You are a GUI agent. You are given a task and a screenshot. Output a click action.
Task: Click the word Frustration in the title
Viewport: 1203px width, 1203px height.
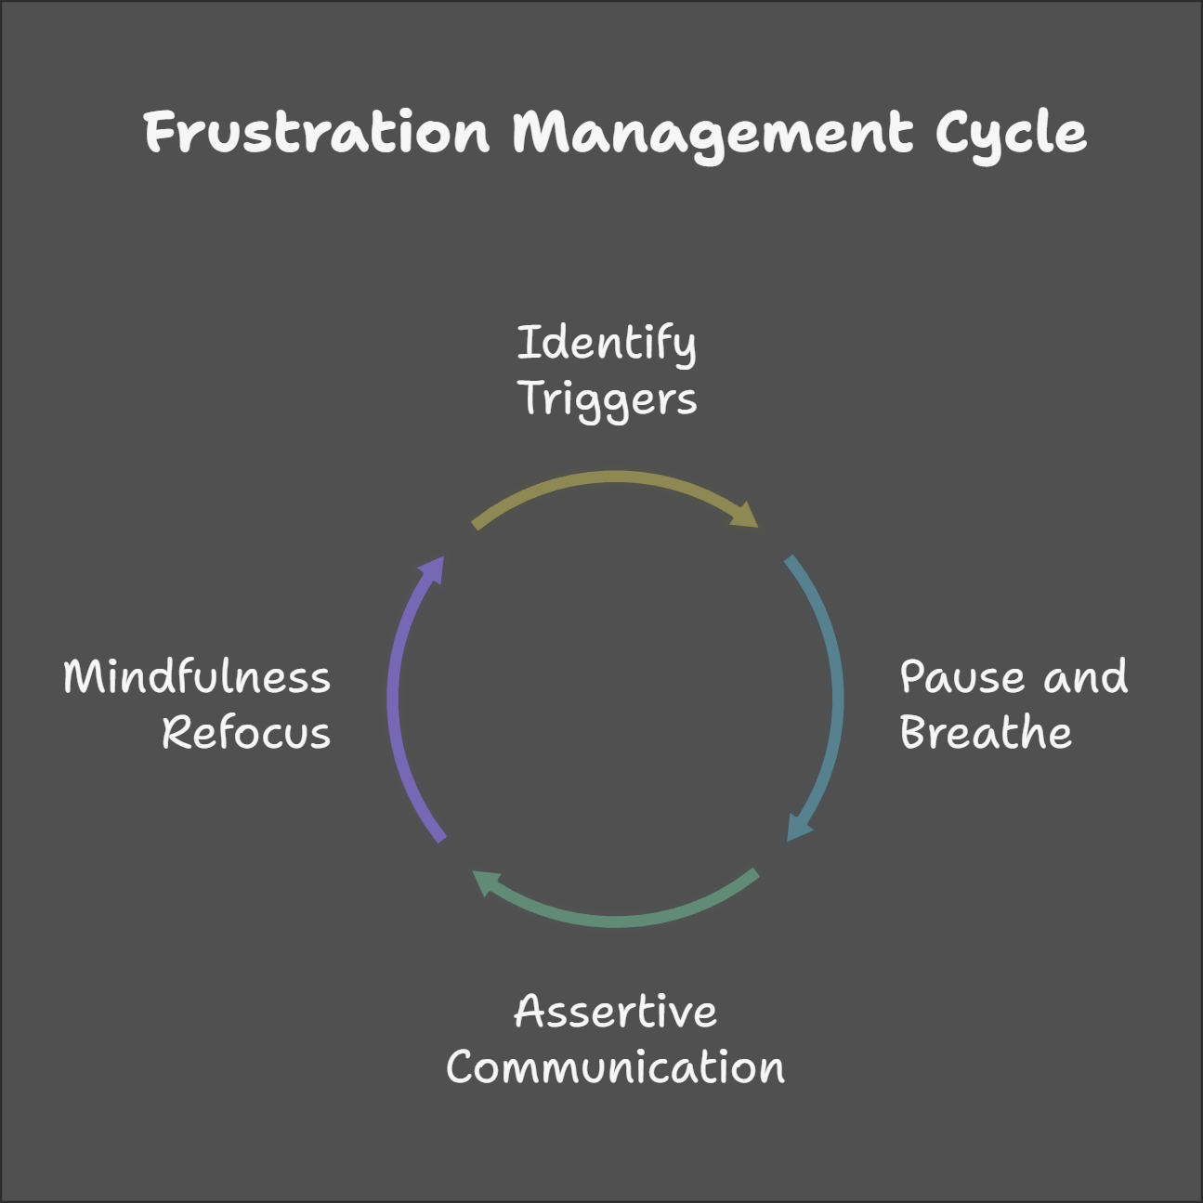(x=316, y=133)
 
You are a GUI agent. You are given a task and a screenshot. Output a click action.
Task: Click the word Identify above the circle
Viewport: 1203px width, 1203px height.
(x=606, y=345)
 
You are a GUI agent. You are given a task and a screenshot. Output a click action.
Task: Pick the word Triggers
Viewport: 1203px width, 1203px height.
(x=608, y=400)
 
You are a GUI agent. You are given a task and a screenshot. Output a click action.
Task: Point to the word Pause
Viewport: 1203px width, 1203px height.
(x=962, y=677)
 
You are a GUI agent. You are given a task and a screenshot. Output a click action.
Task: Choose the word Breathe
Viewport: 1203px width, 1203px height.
(x=986, y=733)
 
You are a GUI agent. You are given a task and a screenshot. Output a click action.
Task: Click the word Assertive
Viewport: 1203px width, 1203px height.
(x=615, y=1012)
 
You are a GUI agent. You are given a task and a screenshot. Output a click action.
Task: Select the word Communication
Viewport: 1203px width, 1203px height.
(x=615, y=1067)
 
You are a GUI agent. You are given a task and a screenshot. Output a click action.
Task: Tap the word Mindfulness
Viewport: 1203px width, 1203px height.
(x=197, y=677)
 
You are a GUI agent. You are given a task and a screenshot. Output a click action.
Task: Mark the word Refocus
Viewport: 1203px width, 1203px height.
(x=246, y=733)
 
